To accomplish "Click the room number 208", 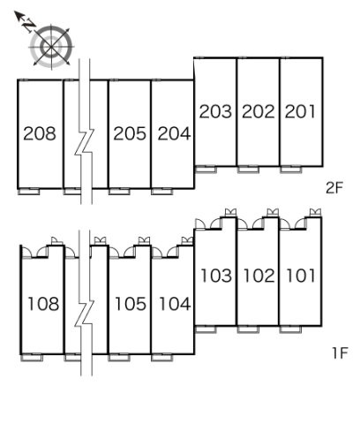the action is tap(40, 133).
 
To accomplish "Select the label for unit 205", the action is tap(130, 133).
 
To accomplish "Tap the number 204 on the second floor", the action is tap(174, 133).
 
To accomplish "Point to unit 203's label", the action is tap(215, 111).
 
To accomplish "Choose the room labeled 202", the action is tap(259, 111).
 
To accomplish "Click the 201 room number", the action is tap(300, 111).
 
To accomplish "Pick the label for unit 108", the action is tap(43, 304).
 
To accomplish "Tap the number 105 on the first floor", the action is tap(131, 304).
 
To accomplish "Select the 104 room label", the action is tap(175, 304).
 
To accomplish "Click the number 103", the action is tap(216, 276).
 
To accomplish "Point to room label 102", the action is tap(259, 276).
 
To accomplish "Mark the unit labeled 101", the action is tap(301, 276).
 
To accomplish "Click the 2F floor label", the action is tap(334, 187).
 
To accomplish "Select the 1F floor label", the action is tap(341, 352).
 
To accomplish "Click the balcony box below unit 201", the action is tap(291, 170).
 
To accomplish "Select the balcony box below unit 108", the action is tap(32, 358).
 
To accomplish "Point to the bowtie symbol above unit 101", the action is tap(315, 212).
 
